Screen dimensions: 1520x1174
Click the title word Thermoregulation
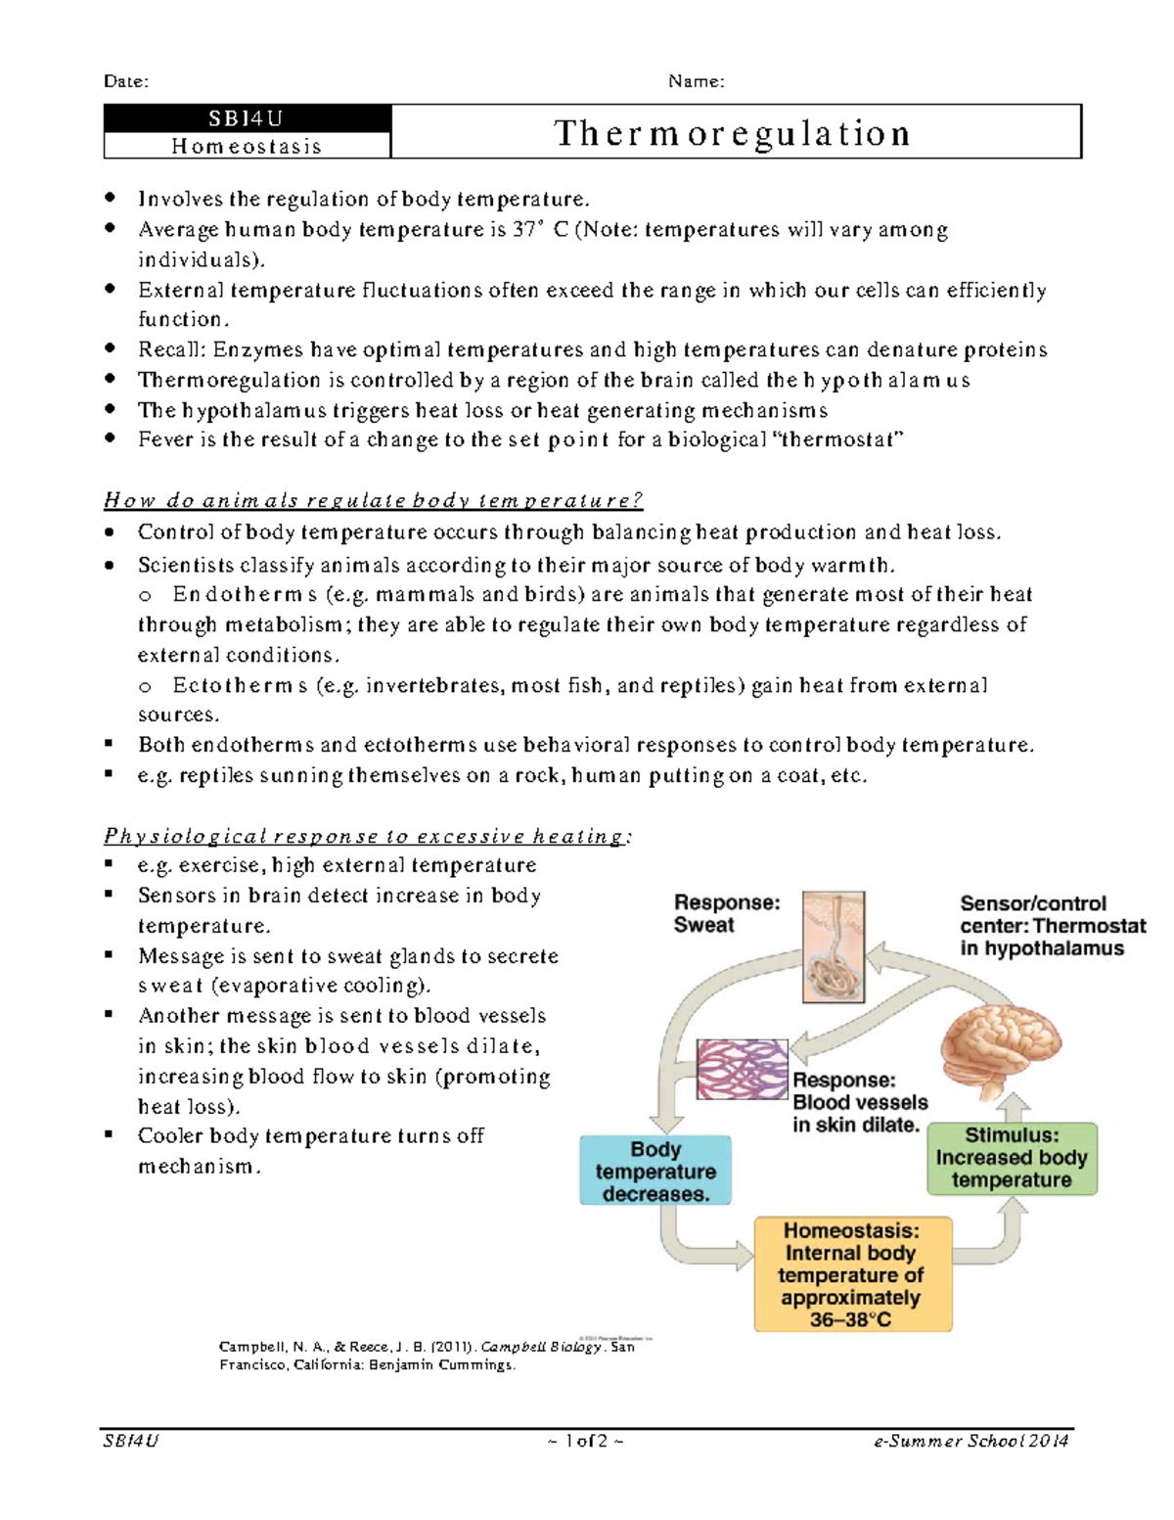pyautogui.click(x=733, y=133)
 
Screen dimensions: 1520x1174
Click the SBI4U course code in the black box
pyautogui.click(x=246, y=118)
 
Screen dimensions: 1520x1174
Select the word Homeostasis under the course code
pyautogui.click(x=247, y=146)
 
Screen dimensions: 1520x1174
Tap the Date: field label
pyautogui.click(x=126, y=81)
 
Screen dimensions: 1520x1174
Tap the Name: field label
pyautogui.click(x=696, y=81)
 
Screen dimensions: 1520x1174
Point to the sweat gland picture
pyautogui.click(x=834, y=946)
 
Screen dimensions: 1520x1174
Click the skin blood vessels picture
pyautogui.click(x=742, y=1069)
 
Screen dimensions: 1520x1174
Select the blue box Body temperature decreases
pyautogui.click(x=655, y=1171)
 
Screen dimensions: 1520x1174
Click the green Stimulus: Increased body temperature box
pyautogui.click(x=1012, y=1158)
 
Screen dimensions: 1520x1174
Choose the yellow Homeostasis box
pyautogui.click(x=852, y=1274)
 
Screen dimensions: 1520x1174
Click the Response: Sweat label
pyautogui.click(x=726, y=913)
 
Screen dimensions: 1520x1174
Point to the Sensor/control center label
pyautogui.click(x=1052, y=925)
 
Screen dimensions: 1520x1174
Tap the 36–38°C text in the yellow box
pyautogui.click(x=850, y=1319)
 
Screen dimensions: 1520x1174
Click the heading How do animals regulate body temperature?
pyautogui.click(x=373, y=501)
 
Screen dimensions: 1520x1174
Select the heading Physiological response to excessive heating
pyautogui.click(x=367, y=836)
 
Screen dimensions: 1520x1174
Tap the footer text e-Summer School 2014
pyautogui.click(x=971, y=1441)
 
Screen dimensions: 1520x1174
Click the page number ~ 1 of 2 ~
pyautogui.click(x=586, y=1441)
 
